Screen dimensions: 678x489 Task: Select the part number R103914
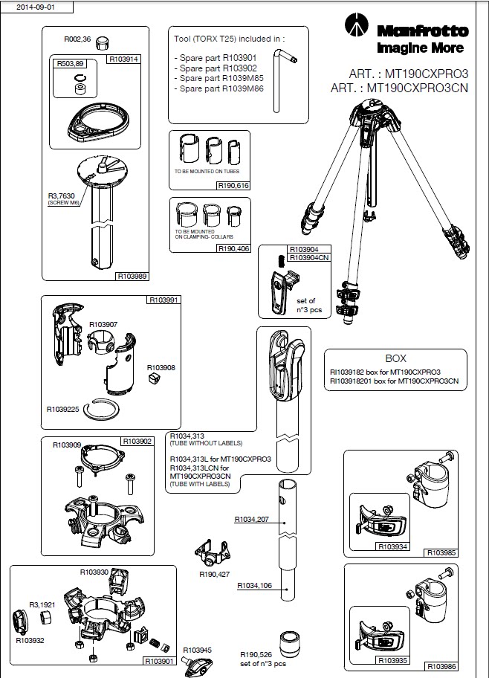point(124,57)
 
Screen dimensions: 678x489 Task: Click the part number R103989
point(132,276)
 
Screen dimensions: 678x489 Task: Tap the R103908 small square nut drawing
point(155,380)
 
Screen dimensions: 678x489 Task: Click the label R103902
point(137,442)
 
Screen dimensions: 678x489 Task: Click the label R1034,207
point(251,520)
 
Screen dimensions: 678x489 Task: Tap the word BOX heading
point(395,358)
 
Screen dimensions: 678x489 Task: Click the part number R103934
point(393,546)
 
